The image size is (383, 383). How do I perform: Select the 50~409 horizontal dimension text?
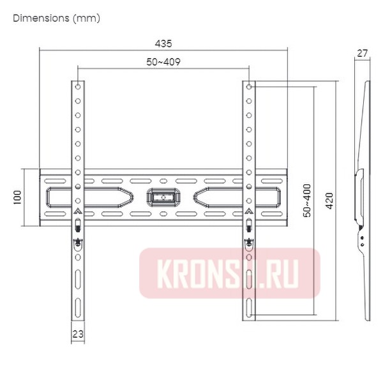pos(163,61)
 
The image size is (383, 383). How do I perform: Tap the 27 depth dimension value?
pos(362,54)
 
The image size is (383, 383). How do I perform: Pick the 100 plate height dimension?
pos(18,197)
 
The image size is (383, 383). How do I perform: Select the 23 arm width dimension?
pos(77,333)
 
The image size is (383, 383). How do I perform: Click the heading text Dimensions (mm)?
pos(56,18)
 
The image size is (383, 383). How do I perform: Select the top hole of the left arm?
pos(77,86)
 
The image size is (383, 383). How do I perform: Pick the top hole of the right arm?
pos(248,86)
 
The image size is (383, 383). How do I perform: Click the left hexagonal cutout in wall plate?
pos(89,197)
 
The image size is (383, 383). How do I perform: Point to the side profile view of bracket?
pos(361,198)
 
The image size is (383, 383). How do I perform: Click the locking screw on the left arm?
pos(77,241)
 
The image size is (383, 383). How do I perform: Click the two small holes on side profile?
pos(363,239)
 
